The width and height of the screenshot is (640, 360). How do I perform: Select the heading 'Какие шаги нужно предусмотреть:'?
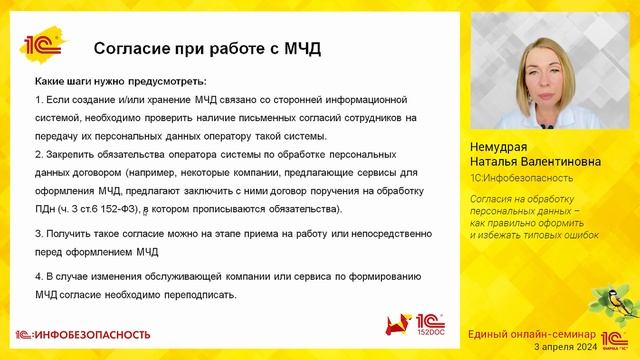point(119,80)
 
